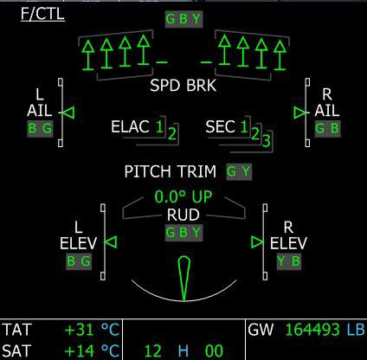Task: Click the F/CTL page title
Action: (42, 14)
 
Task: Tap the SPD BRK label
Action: (183, 86)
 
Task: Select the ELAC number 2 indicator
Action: (172, 133)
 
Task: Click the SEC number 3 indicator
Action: (267, 140)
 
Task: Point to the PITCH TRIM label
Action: (171, 171)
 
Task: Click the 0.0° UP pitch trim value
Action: (183, 196)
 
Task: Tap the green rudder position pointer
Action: (183, 278)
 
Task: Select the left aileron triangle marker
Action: (68, 112)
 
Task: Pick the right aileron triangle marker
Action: (300, 112)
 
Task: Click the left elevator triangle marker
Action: (111, 241)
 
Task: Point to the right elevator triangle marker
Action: (257, 242)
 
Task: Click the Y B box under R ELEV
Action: (289, 261)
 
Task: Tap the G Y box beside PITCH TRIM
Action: (239, 172)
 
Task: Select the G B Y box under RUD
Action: (183, 233)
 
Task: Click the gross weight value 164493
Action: (312, 330)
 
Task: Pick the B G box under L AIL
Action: (41, 129)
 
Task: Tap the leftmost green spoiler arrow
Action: (88, 55)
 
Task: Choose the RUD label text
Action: (183, 215)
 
